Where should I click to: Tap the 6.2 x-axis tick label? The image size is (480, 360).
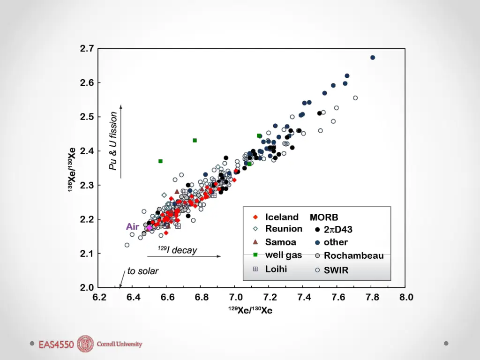99,297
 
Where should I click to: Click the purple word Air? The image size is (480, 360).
133,227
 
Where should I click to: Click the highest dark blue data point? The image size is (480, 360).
373,58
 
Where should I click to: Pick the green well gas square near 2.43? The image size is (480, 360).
195,141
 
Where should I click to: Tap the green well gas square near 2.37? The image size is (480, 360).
160,161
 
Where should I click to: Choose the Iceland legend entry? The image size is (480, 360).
281,217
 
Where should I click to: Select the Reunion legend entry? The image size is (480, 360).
284,229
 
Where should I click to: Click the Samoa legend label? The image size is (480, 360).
280,242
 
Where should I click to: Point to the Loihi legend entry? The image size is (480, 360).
276,269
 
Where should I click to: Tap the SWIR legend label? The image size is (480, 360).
336,270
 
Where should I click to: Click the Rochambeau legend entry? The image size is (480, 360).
353,256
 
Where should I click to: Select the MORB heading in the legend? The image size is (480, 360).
324,217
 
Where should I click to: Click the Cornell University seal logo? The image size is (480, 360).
85,344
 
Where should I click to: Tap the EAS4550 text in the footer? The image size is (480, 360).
56,345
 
